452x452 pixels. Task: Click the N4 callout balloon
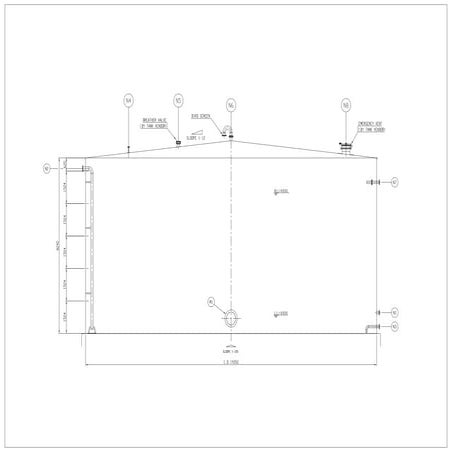point(128,100)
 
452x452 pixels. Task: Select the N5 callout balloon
point(178,100)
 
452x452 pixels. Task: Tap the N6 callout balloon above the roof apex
point(231,104)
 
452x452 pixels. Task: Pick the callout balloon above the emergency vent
point(346,104)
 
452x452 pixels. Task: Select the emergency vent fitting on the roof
point(346,149)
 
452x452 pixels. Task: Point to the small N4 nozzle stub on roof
point(128,151)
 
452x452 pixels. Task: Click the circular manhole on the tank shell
point(231,317)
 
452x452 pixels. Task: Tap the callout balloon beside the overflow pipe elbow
point(47,169)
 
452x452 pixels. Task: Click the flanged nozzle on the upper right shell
point(374,182)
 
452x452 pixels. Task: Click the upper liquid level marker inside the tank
point(281,191)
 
